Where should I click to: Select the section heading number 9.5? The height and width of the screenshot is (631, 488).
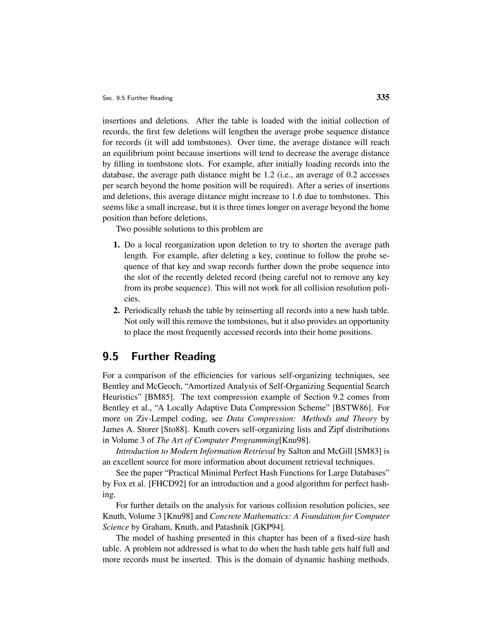[110, 356]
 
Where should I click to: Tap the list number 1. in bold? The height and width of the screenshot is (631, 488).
[117, 245]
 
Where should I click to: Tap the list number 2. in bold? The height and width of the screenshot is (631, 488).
[117, 310]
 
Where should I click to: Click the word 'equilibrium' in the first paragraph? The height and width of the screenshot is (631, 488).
[135, 153]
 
